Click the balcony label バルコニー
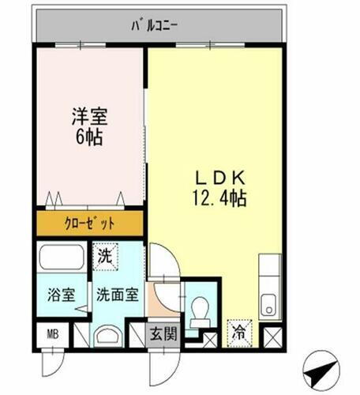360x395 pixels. click(x=154, y=24)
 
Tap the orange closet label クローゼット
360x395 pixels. click(x=88, y=224)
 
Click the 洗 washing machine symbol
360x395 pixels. click(x=105, y=255)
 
